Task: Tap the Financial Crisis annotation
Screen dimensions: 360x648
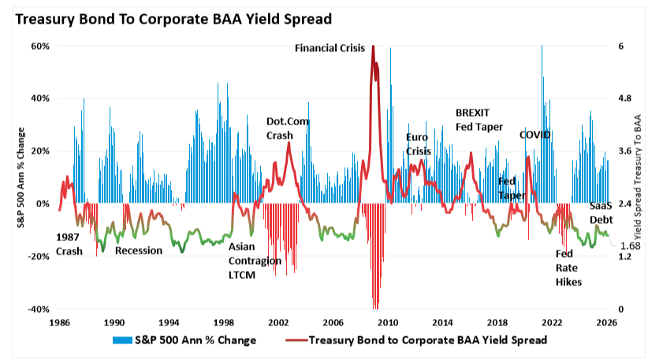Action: coord(330,48)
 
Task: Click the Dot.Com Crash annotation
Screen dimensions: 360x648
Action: coord(287,128)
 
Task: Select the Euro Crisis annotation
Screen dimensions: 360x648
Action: coord(419,143)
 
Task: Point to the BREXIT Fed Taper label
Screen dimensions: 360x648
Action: coord(479,119)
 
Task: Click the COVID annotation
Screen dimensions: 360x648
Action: coord(534,135)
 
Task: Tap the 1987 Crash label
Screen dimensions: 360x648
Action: coord(72,244)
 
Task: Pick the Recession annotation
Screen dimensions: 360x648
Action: coord(139,251)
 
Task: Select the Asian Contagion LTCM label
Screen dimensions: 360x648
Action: coord(254,260)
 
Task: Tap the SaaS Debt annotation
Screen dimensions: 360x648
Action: coord(605,213)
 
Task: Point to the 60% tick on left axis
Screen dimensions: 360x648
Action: coord(40,46)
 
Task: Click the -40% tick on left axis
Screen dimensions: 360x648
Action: coord(39,309)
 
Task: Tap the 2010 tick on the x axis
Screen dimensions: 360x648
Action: coord(387,322)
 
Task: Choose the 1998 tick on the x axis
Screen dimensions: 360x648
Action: coord(223,322)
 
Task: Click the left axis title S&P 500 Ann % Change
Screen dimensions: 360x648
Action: coord(23,177)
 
